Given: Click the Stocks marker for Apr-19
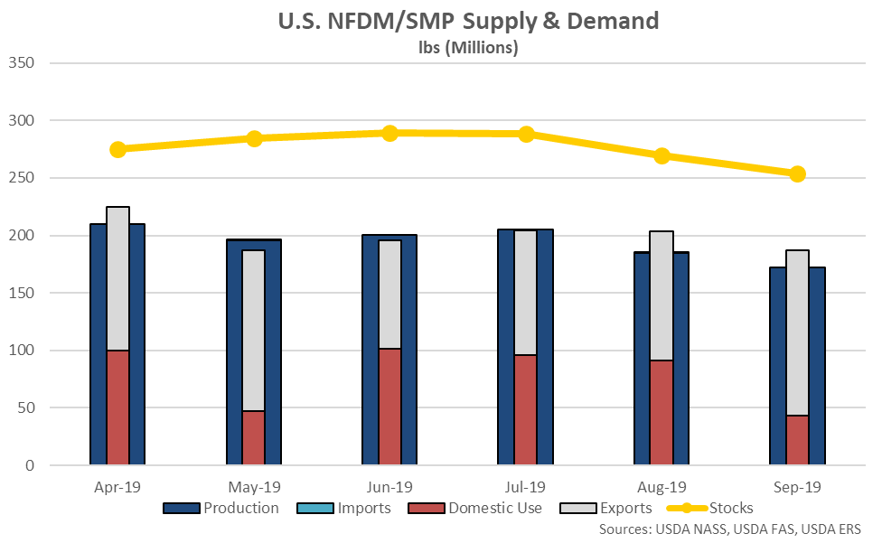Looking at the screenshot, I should pyautogui.click(x=117, y=149).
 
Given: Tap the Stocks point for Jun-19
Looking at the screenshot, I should pyautogui.click(x=389, y=134).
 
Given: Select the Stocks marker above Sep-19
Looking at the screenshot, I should pyautogui.click(x=797, y=174).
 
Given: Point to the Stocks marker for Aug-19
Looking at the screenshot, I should pyautogui.click(x=661, y=155).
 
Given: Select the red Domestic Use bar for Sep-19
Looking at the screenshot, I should pyautogui.click(x=797, y=440).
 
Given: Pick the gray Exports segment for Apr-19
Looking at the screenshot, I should pyautogui.click(x=117, y=278).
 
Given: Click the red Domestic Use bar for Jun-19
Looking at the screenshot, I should pyautogui.click(x=389, y=407).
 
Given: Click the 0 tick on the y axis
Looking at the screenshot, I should pyautogui.click(x=29, y=465).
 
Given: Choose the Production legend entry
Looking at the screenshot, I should pyautogui.click(x=221, y=508).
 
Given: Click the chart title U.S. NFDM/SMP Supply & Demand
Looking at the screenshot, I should pyautogui.click(x=468, y=22).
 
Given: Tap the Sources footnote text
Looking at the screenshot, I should pyautogui.click(x=729, y=529).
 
